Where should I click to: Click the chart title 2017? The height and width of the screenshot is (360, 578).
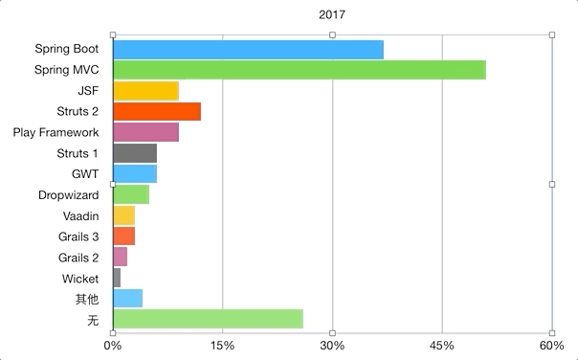[x=333, y=14]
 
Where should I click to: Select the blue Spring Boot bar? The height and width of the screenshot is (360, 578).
[x=248, y=49]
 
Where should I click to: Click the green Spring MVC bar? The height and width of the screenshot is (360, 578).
[x=299, y=70]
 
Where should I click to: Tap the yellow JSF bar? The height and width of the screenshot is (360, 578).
[x=145, y=91]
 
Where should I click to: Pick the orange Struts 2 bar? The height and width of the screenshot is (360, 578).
[x=157, y=111]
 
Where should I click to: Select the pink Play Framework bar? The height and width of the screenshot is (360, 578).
[x=145, y=132]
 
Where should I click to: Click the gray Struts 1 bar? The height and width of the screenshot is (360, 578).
[x=135, y=153]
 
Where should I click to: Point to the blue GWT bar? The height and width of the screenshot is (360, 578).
[x=135, y=173]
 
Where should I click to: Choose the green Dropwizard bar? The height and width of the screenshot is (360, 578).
[x=131, y=194]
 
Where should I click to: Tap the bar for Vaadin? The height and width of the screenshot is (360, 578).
[x=123, y=215]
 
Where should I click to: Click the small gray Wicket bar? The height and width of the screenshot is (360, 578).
[x=117, y=278]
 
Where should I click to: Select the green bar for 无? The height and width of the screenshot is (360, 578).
[x=208, y=320]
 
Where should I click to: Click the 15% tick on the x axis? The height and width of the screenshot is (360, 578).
[x=222, y=345]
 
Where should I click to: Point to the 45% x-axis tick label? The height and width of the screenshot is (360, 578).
[x=442, y=345]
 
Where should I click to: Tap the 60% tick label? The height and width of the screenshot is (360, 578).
[x=552, y=345]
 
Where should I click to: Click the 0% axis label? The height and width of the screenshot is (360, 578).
[x=113, y=345]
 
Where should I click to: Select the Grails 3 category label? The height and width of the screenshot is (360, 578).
[x=78, y=236]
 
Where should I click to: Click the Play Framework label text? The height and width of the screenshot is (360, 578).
[x=56, y=132]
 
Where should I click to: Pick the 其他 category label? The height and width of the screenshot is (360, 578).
[x=87, y=299]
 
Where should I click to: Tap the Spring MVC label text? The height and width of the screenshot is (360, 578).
[x=67, y=70]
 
